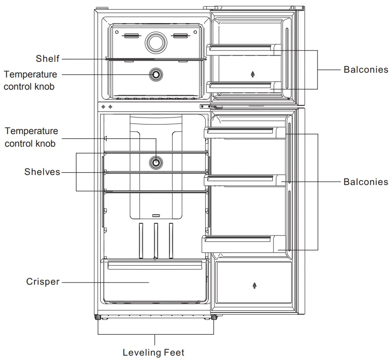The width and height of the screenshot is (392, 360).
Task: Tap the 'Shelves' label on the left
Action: point(42,172)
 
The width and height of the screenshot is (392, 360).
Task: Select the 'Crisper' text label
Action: point(43,282)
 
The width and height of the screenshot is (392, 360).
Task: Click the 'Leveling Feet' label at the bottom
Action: point(153,352)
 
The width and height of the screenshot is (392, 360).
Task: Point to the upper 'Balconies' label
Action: point(365,70)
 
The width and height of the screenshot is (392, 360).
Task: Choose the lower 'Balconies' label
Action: point(365,182)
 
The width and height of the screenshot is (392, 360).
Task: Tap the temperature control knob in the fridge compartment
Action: point(156,163)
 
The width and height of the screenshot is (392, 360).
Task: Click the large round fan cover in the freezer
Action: point(155,42)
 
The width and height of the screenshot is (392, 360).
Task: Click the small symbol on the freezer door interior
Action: point(253,74)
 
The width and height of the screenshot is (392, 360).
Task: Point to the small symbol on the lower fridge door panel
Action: point(254,286)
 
